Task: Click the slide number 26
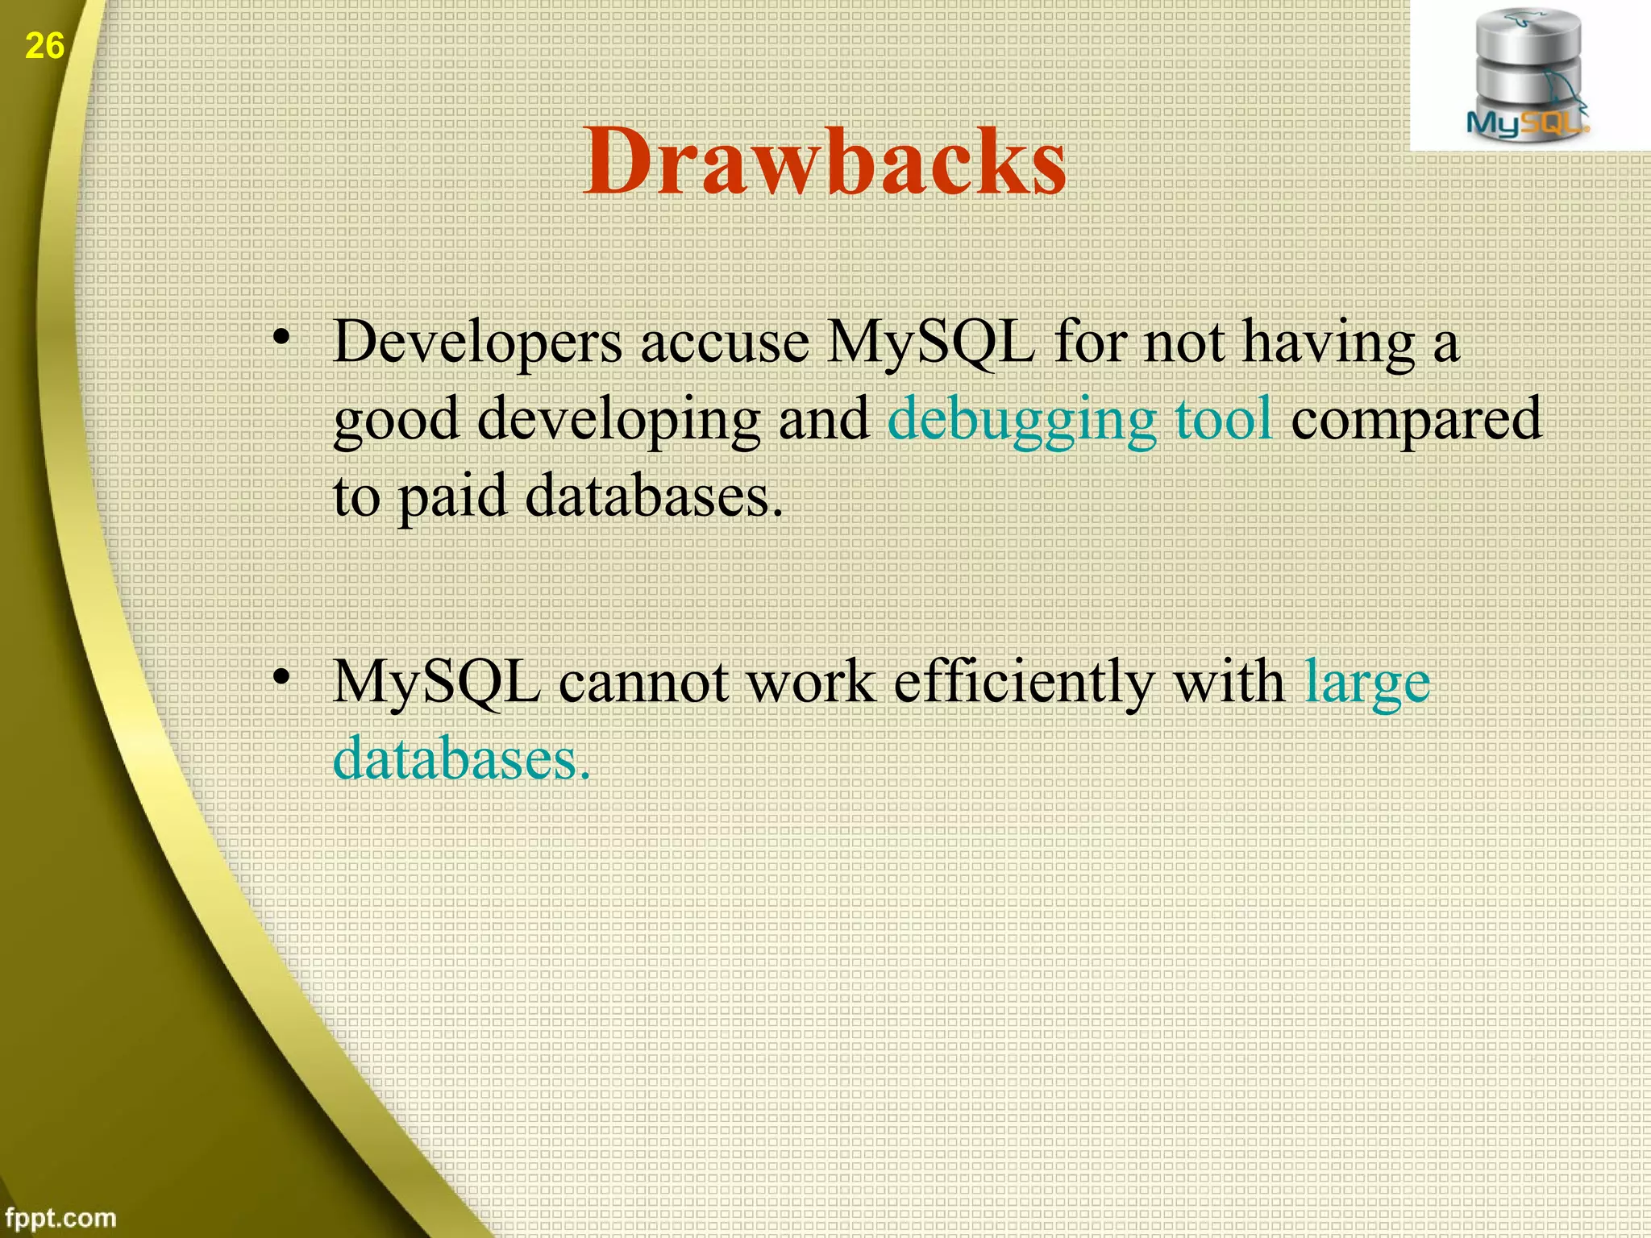(x=44, y=46)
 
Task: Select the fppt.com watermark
(x=60, y=1217)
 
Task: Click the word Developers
(x=477, y=343)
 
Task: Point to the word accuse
(x=725, y=343)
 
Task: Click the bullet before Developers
(x=281, y=339)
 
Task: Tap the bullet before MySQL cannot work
(x=281, y=679)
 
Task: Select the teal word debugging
(x=1021, y=420)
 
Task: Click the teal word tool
(x=1224, y=418)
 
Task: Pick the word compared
(x=1416, y=420)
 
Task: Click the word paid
(x=452, y=496)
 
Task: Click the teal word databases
(x=460, y=759)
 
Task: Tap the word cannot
(x=643, y=682)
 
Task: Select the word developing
(x=618, y=420)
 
